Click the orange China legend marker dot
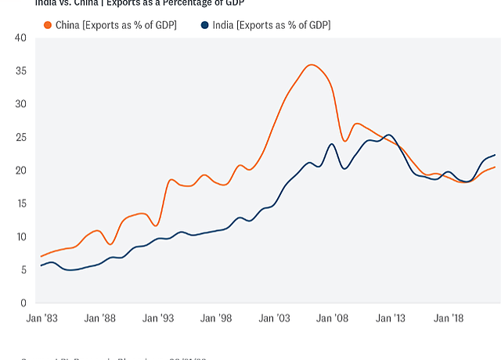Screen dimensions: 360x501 click(49, 25)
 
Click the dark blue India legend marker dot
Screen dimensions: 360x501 click(205, 25)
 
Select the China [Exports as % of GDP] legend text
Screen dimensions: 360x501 click(116, 25)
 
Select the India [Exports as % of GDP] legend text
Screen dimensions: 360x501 click(270, 25)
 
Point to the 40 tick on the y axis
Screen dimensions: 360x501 click(20, 38)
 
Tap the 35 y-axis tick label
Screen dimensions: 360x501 click(20, 70)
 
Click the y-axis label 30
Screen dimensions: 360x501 click(20, 104)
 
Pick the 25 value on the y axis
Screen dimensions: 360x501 click(20, 137)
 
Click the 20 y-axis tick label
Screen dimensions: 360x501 click(20, 171)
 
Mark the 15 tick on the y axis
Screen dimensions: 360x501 click(20, 203)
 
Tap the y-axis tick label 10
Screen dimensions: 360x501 click(20, 237)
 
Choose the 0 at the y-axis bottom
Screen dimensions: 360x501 click(23, 303)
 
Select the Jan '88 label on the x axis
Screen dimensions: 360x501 click(99, 319)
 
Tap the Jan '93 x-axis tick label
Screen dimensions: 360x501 click(157, 319)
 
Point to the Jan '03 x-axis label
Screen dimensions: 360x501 click(274, 319)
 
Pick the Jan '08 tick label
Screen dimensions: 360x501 click(332, 319)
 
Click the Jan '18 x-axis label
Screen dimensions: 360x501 click(449, 319)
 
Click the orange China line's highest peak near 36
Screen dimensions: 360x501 click(312, 65)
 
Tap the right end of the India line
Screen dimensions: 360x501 click(495, 155)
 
